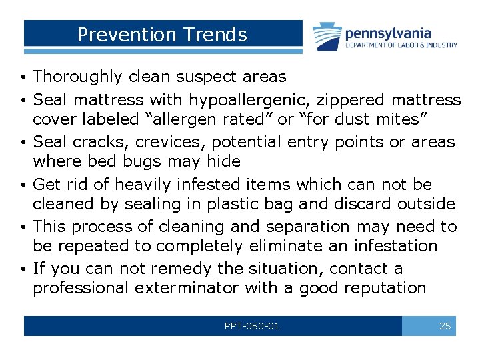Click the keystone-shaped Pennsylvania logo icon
[327, 37]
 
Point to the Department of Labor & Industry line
[401, 45]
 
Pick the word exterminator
[187, 288]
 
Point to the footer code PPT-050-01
[253, 326]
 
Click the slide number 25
[445, 326]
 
